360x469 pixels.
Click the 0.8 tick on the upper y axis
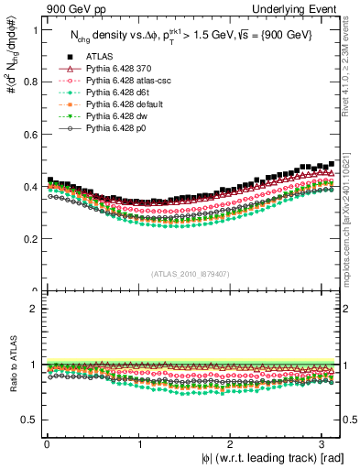coord(28,82)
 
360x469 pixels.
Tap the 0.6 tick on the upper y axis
coord(28,135)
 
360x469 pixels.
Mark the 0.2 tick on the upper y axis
coord(28,239)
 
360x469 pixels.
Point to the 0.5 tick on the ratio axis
coord(28,420)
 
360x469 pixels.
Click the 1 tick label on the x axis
coord(138,443)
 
